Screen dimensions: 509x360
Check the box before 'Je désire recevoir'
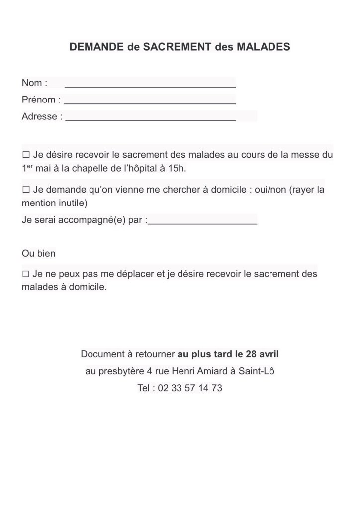tap(26, 155)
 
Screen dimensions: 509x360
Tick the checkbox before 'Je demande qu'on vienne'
tap(26, 190)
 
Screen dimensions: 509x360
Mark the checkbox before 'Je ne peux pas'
tap(26, 274)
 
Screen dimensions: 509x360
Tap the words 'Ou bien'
tap(39, 253)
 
